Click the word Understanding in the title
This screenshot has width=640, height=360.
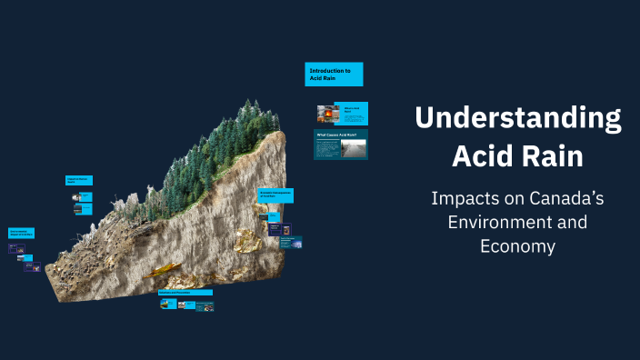518,119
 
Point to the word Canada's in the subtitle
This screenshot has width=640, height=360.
555,197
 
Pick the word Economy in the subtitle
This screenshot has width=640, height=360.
517,245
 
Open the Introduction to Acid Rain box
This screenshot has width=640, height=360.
334,74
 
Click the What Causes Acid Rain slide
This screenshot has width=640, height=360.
341,144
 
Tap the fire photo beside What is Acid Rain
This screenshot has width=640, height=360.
327,114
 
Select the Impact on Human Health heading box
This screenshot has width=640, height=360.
78,180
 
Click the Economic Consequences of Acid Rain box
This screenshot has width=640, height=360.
275,195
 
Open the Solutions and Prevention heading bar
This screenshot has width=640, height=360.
185,292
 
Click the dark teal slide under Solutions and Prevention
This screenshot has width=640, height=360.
205,306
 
